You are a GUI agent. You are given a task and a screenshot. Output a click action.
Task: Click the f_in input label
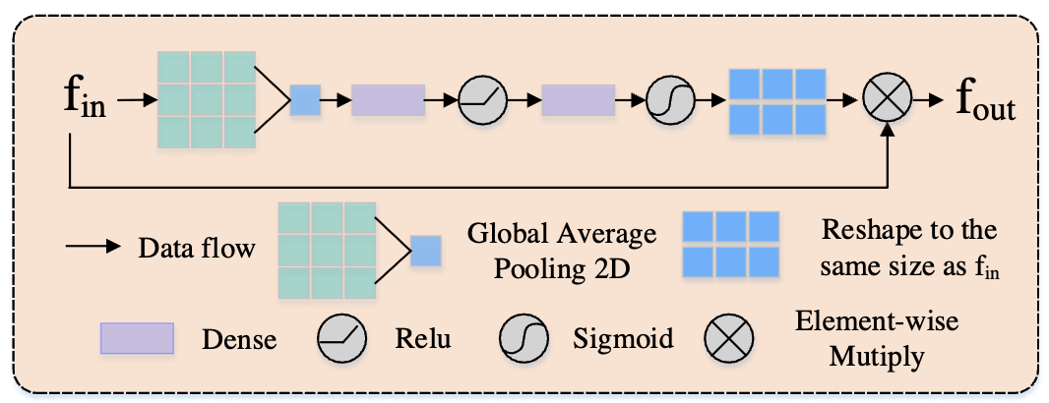85,100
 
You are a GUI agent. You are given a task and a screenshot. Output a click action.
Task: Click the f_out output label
985,100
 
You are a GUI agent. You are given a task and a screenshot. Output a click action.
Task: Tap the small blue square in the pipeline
305,99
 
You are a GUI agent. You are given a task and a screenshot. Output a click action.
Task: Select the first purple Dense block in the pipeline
388,99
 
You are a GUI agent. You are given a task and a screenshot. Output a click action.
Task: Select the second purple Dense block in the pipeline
578,99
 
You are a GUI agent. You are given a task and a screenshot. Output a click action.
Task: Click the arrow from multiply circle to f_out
928,99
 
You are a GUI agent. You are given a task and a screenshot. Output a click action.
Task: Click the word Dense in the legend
238,340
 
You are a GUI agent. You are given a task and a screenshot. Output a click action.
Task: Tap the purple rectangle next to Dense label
137,339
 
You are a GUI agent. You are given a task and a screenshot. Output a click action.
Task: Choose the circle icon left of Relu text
341,339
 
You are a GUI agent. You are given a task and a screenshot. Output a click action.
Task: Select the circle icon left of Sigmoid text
525,339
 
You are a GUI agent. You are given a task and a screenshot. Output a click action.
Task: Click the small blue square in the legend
426,251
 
